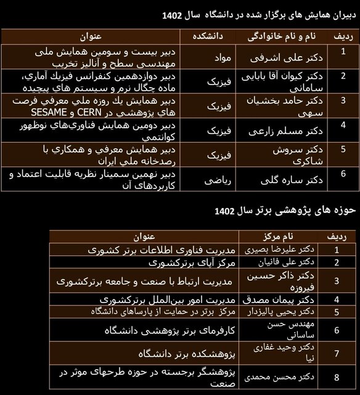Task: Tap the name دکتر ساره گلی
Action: (x=279, y=181)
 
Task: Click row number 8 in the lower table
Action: (x=337, y=376)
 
